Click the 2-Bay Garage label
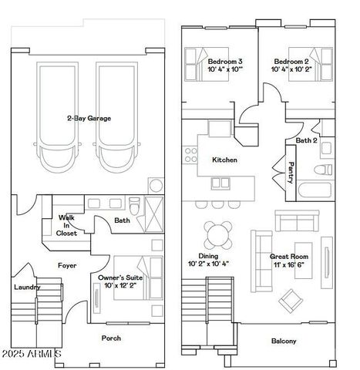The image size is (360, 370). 88,118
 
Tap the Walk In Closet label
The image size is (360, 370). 67,225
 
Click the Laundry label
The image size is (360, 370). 27,288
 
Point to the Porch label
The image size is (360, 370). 111,338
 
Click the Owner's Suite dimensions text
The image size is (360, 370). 119,286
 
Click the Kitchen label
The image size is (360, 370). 224,160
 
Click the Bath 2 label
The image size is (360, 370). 306,141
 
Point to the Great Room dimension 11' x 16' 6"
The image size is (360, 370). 289,265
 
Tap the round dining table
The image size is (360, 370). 218,233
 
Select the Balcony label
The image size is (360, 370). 284,341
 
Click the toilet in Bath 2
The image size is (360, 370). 325,169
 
